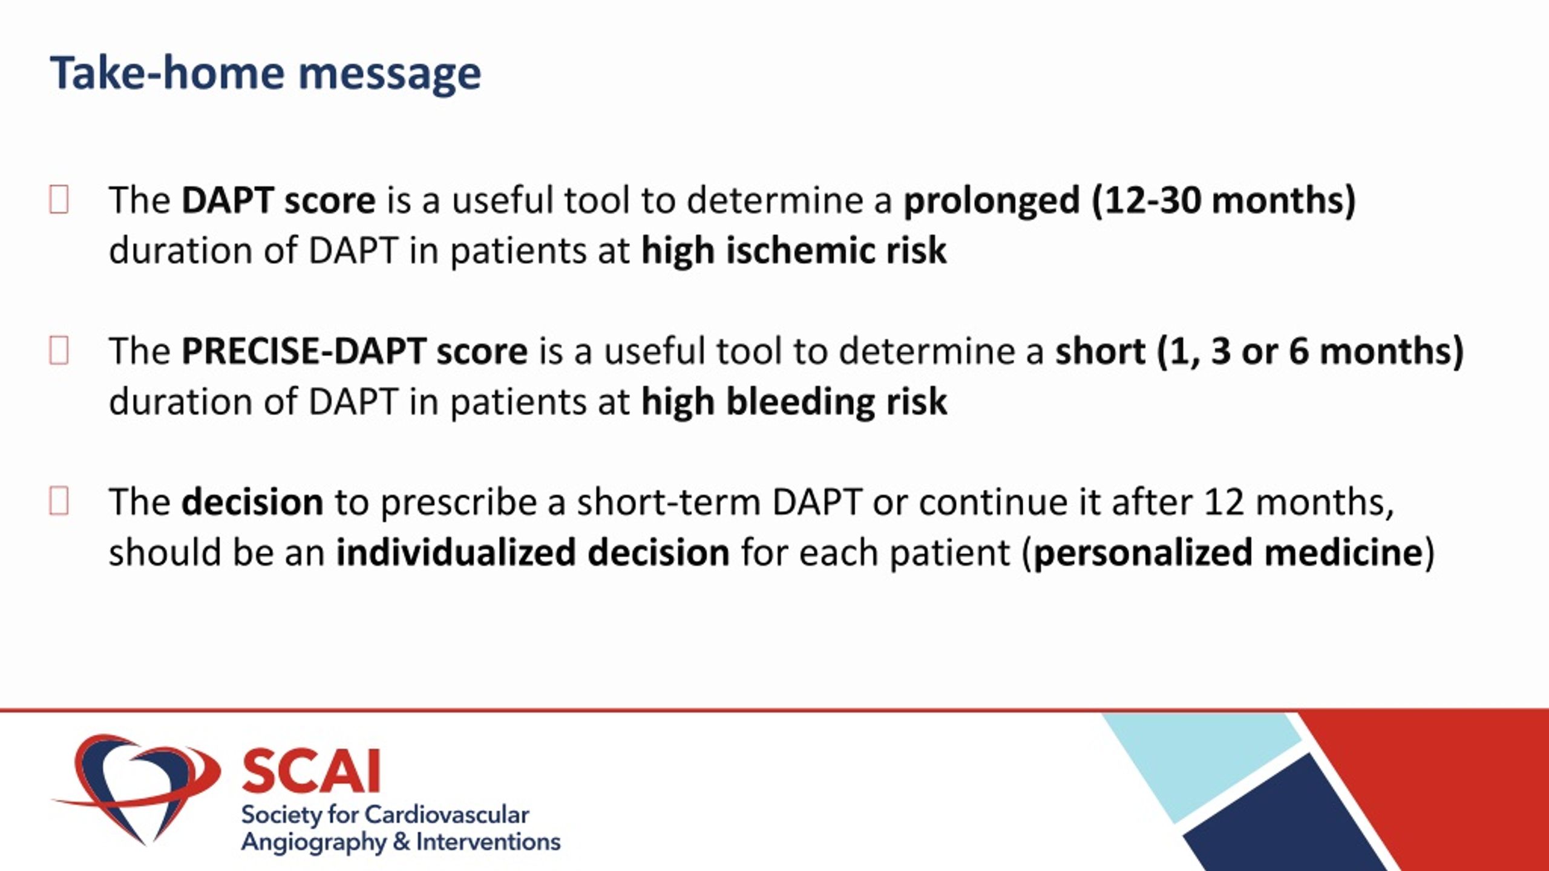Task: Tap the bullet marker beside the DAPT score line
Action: coord(59,200)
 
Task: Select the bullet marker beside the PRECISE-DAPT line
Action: coord(59,350)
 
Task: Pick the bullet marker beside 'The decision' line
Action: coord(59,501)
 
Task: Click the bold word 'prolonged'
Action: coord(992,201)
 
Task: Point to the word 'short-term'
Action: coord(668,502)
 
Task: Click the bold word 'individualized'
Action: coord(456,552)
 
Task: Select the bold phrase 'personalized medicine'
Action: coord(1228,553)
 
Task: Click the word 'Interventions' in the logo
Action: coord(488,842)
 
